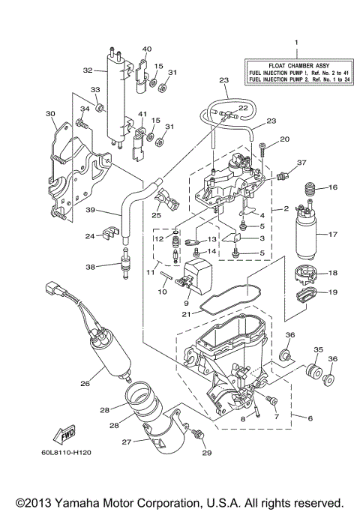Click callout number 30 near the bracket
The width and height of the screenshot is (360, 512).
coord(50,114)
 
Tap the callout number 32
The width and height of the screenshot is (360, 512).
coord(87,70)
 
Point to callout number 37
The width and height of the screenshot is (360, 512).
coord(301,163)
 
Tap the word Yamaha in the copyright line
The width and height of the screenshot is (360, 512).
coord(111,501)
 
